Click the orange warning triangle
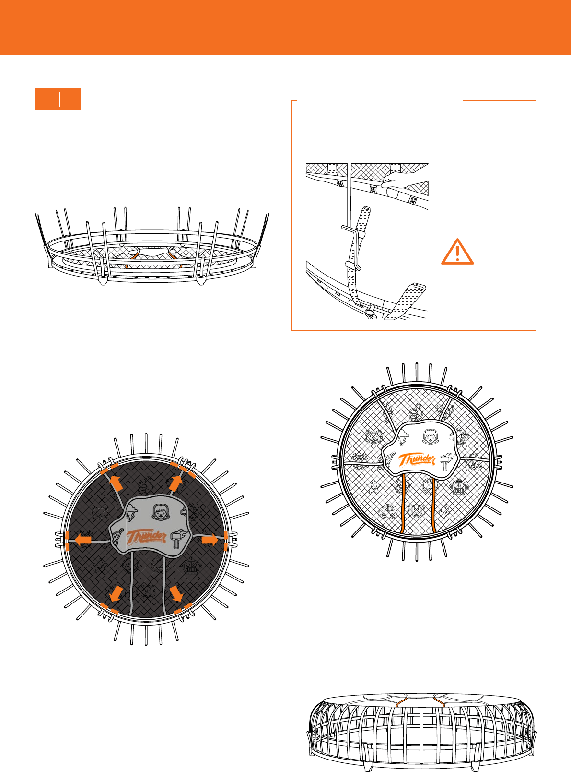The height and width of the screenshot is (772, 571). (457, 252)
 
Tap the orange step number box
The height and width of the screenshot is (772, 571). (58, 99)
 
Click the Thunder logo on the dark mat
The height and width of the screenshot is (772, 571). (146, 537)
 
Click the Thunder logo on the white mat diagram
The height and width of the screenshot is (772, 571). (417, 459)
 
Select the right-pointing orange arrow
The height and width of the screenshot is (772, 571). (210, 540)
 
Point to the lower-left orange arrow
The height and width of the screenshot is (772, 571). (116, 593)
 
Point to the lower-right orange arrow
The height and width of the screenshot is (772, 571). (176, 593)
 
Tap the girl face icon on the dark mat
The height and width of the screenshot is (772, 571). (160, 512)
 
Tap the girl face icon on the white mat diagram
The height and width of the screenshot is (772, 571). (430, 436)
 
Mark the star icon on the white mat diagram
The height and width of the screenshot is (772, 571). (373, 486)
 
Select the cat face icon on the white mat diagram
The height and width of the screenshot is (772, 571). (373, 436)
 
